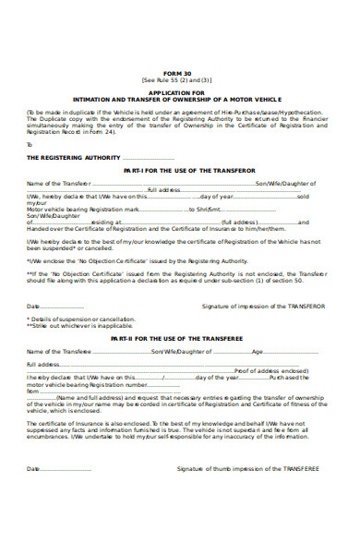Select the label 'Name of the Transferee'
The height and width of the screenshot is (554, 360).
pos(53,352)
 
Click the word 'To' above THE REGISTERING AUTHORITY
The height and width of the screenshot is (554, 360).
pos(30,145)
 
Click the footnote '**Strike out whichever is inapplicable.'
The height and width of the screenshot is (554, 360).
pos(67,326)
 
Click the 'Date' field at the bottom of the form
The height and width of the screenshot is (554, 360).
pos(33,468)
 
